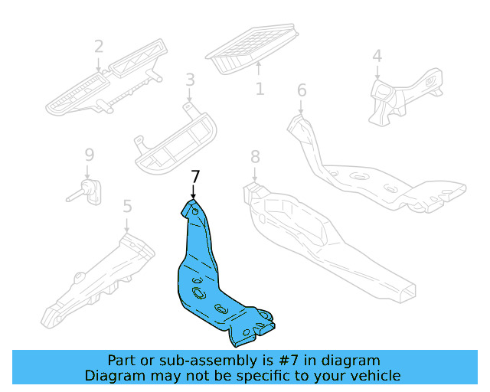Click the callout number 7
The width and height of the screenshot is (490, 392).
[195, 177]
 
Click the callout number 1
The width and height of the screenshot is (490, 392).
[260, 89]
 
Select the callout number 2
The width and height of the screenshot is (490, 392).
[99, 47]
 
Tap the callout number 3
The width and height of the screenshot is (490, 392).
[190, 80]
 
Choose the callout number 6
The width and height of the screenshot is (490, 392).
[302, 90]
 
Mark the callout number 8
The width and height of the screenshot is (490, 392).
[255, 157]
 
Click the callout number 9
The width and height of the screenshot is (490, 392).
[88, 156]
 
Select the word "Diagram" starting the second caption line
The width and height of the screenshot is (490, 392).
[113, 375]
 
